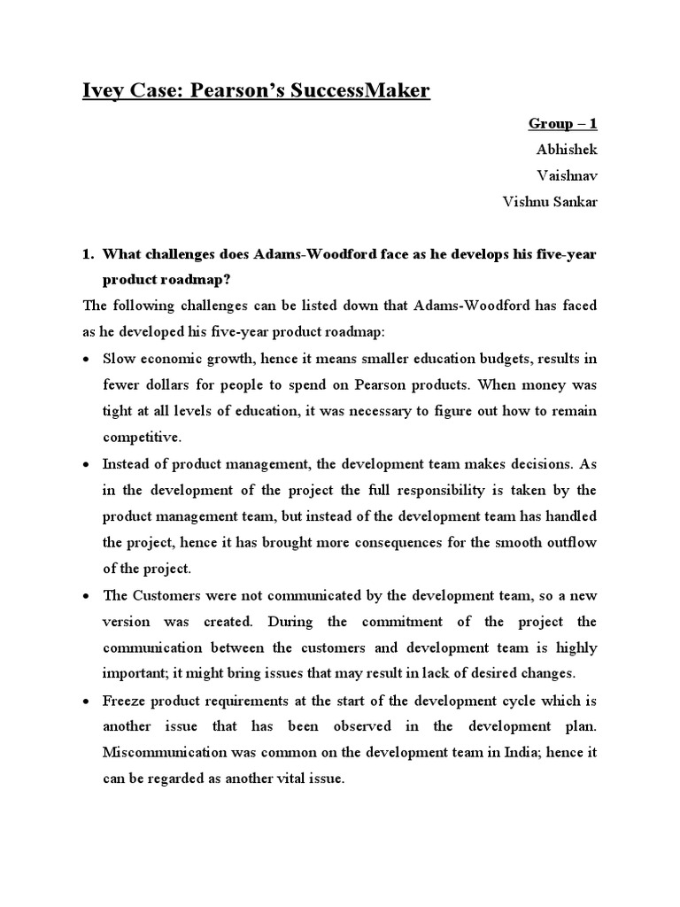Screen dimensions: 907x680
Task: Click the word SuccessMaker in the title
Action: coord(351,90)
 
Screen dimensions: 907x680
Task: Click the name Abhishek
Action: coord(567,149)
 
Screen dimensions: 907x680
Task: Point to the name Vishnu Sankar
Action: coord(550,202)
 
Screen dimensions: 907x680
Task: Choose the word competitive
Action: coord(141,437)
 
